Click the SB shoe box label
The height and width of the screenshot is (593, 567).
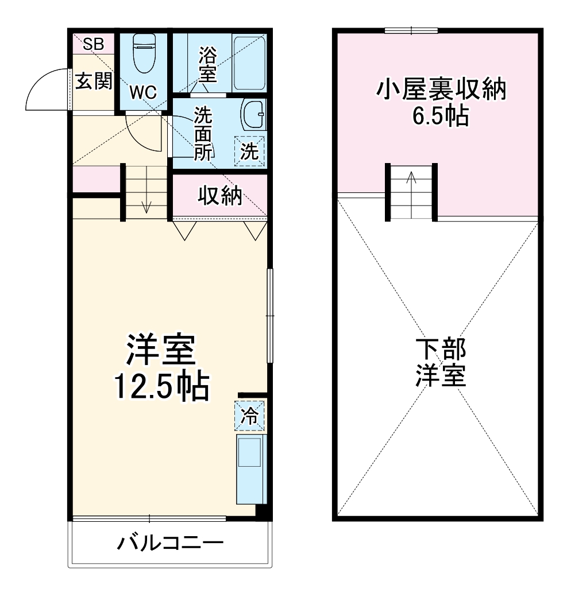pyautogui.click(x=93, y=44)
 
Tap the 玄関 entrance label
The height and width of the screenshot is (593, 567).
pyautogui.click(x=93, y=82)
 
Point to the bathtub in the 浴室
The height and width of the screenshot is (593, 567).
pyautogui.click(x=249, y=62)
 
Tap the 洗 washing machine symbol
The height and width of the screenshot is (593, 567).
pyautogui.click(x=249, y=152)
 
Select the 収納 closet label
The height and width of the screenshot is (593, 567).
pyautogui.click(x=220, y=196)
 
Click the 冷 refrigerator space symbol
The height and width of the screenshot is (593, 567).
pyautogui.click(x=249, y=415)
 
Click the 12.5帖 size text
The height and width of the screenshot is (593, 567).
pyautogui.click(x=160, y=387)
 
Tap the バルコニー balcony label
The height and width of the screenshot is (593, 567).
pyautogui.click(x=170, y=543)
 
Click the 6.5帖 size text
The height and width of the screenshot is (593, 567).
pyautogui.click(x=440, y=117)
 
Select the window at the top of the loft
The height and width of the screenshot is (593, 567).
pyautogui.click(x=411, y=30)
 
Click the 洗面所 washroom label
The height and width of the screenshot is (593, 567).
pyautogui.click(x=203, y=133)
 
